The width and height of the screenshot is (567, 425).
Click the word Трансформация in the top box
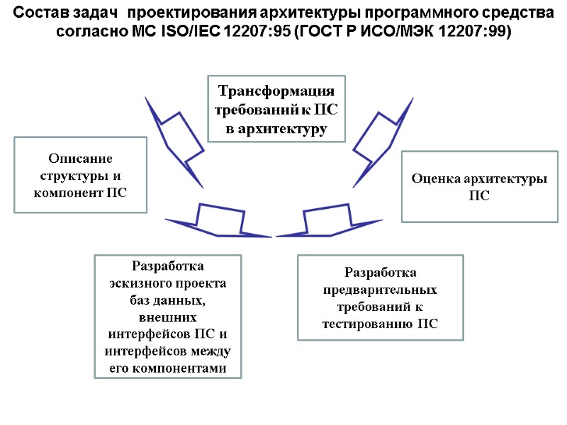(x=276, y=92)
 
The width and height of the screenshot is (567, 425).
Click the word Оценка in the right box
(x=434, y=178)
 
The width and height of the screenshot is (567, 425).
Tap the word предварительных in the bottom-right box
(x=380, y=290)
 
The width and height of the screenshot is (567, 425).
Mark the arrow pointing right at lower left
(x=220, y=221)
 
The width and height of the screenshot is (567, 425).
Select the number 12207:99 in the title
(x=476, y=33)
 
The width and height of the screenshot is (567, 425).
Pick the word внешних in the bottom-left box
(x=168, y=317)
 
